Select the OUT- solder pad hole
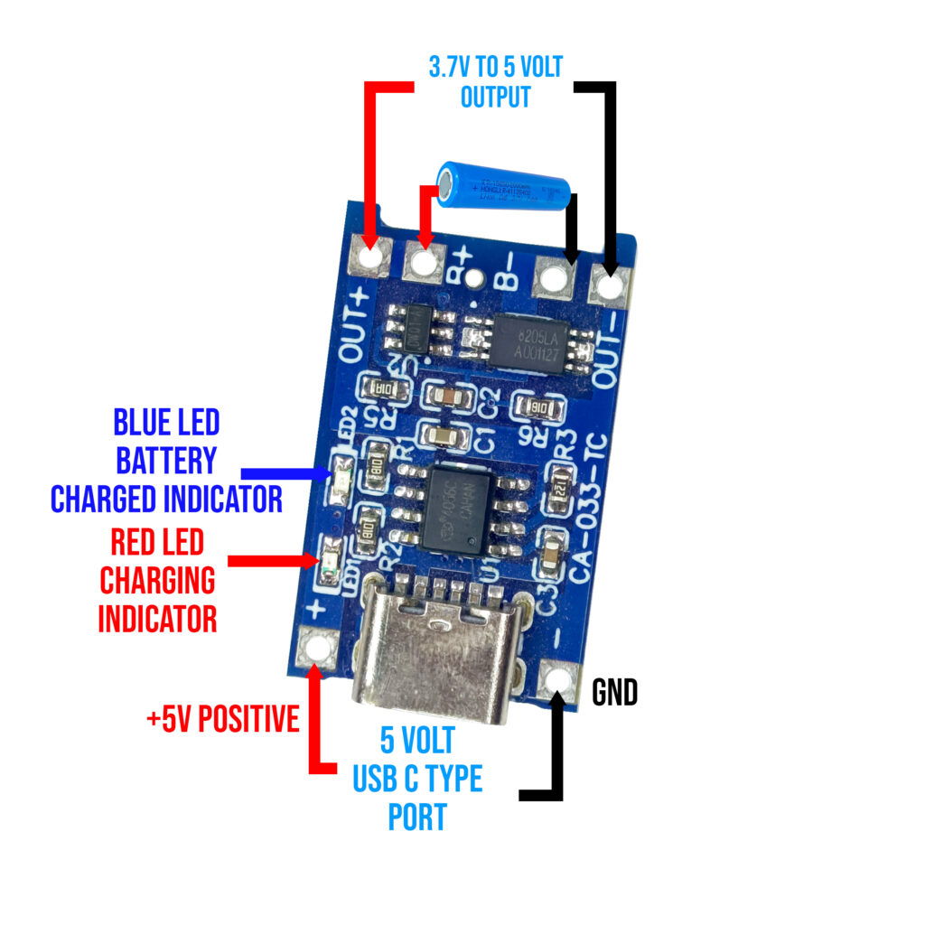pos(612,287)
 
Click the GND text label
pos(614,693)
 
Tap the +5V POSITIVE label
pos(222,720)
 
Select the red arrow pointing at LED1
pos(271,560)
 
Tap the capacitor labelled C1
pos(444,438)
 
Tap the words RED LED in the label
pos(157,542)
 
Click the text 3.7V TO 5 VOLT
pos(494,66)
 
